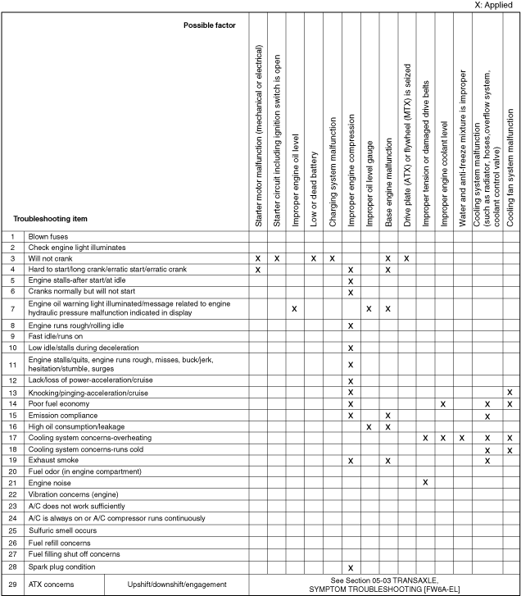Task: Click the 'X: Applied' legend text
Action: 493,5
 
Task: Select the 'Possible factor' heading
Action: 210,25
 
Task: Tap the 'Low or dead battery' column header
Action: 314,196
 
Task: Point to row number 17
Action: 12,438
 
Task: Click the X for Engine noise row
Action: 426,483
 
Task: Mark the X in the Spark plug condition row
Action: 351,567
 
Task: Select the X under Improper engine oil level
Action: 294,308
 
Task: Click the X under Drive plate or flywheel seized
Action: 406,258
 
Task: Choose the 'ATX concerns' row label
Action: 51,585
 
